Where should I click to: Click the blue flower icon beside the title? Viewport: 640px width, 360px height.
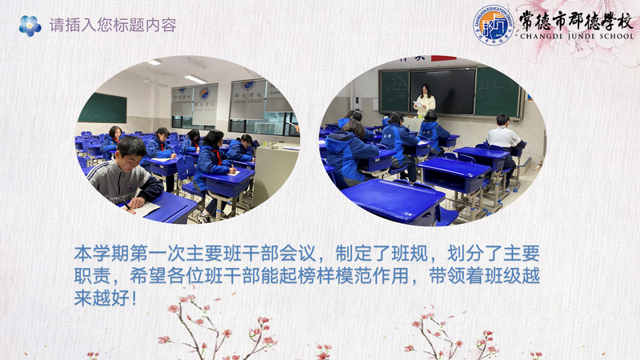tap(30, 26)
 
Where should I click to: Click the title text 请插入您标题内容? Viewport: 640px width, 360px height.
tap(113, 26)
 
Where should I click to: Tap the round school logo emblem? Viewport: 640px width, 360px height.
tap(493, 25)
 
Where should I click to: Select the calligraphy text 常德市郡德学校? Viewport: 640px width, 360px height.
tap(576, 21)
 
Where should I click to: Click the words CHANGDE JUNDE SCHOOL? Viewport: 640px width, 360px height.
tap(577, 36)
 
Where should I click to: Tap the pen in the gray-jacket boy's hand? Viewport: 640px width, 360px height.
tap(128, 206)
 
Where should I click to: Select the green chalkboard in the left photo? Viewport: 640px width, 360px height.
tap(102, 108)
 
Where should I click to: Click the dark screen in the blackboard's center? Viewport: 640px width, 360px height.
tap(443, 91)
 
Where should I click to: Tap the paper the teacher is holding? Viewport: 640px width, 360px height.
tap(418, 104)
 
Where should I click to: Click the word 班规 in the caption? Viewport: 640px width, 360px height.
tap(410, 254)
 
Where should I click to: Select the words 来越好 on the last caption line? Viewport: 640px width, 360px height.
tap(102, 298)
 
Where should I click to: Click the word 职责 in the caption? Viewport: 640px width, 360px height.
tap(92, 275)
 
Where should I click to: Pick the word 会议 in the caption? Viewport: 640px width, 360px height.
tap(298, 254)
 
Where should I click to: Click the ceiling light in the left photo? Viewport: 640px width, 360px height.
tap(195, 78)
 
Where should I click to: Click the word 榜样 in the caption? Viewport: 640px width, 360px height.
tap(316, 275)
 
